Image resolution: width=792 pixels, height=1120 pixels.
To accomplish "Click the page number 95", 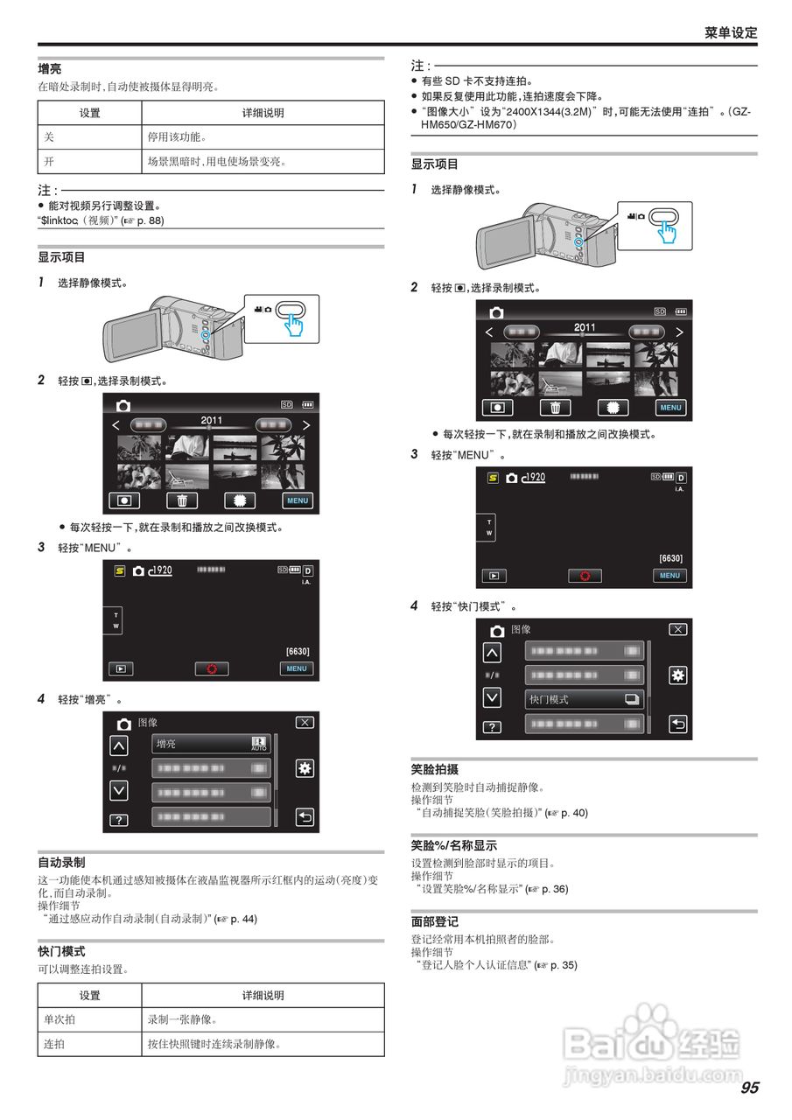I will (749, 1088).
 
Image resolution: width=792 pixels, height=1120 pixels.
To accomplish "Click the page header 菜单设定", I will (731, 32).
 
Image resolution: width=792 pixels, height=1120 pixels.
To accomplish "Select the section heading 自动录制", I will (61, 862).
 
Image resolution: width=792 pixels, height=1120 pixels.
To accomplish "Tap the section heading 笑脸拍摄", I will (435, 770).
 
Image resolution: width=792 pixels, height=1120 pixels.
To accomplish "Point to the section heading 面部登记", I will (435, 922).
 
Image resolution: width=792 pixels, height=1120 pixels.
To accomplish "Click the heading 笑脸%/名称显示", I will (454, 846).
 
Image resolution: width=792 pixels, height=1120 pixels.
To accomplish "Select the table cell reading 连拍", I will (54, 1044).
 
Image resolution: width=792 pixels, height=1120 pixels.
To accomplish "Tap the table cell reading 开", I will (49, 162).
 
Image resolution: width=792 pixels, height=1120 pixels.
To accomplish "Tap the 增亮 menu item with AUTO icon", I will (211, 744).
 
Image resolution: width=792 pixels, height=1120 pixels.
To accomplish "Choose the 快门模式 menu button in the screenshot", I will (584, 699).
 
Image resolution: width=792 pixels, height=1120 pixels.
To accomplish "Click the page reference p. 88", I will (149, 220).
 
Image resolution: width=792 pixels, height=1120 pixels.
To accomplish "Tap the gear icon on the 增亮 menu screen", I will (305, 768).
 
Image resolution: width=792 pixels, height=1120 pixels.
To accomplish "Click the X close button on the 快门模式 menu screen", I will (677, 629).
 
